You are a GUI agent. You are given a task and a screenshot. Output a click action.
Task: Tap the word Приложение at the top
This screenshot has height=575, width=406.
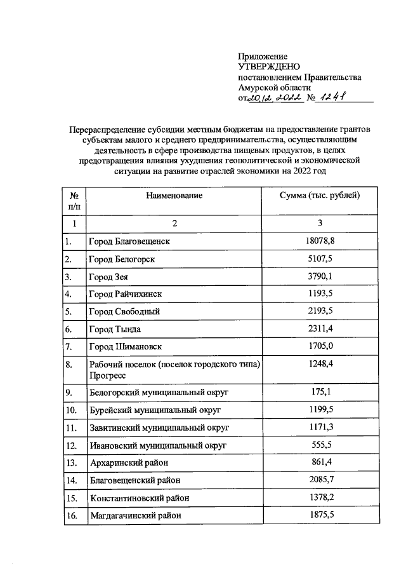tap(263, 57)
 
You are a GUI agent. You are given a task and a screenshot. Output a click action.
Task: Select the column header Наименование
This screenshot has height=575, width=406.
tap(174, 196)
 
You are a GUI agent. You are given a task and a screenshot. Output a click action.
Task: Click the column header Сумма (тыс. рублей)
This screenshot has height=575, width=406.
tap(320, 196)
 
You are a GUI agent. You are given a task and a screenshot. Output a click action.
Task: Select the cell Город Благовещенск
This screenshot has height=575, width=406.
tap(129, 241)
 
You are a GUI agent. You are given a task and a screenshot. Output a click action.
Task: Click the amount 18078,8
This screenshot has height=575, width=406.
tap(320, 241)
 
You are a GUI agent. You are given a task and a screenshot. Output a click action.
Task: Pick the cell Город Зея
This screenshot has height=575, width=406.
tap(108, 277)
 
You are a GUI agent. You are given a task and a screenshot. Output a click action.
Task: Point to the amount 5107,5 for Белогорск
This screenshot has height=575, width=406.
tap(320, 259)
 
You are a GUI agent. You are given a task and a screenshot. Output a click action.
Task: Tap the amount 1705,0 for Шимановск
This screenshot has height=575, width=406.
tap(320, 346)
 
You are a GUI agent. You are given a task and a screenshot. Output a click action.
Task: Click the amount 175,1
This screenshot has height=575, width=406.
tap(320, 392)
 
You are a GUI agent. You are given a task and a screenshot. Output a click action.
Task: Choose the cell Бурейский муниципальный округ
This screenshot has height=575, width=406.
tap(155, 410)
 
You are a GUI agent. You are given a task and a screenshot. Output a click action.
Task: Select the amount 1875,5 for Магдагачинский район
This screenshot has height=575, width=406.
tap(320, 515)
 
